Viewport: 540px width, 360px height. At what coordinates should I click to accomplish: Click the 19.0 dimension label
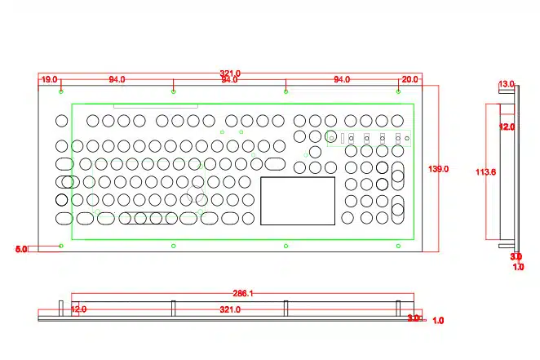click(49, 79)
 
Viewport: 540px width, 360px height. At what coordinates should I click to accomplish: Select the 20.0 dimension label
click(409, 79)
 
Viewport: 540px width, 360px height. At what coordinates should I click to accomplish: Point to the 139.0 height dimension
click(439, 169)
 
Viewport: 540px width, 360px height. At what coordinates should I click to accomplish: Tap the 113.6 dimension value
click(486, 172)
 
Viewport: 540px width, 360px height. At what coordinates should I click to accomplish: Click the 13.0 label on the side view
click(507, 84)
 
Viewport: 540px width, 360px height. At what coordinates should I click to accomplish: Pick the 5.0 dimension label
click(21, 248)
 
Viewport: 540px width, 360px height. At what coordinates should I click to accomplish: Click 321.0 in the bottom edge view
click(230, 310)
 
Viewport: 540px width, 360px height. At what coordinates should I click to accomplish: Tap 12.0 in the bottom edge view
click(78, 310)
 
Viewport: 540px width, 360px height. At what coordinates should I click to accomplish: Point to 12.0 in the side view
click(507, 127)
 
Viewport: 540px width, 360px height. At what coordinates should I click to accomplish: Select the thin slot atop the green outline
click(155, 106)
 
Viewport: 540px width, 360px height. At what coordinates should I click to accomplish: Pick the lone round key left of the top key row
click(61, 121)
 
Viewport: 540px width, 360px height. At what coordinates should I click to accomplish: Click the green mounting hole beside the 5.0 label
click(61, 246)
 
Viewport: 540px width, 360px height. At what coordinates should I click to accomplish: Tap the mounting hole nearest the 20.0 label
click(398, 91)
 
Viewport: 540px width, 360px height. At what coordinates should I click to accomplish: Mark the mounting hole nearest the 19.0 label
click(61, 91)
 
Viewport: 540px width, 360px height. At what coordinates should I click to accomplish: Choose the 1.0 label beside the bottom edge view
click(438, 321)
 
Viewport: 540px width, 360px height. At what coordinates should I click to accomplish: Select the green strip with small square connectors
click(368, 139)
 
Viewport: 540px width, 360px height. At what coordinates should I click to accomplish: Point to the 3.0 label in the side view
click(516, 257)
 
